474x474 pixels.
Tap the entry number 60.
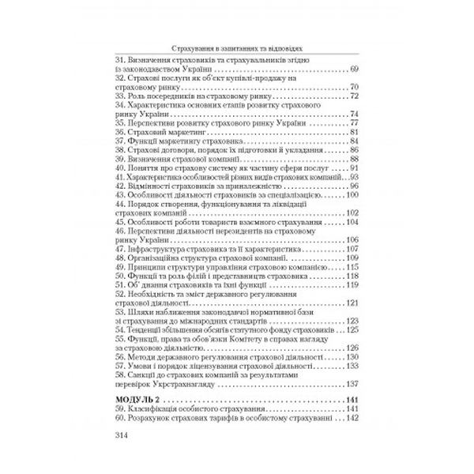click(x=120, y=419)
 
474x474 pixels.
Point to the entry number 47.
click(x=120, y=249)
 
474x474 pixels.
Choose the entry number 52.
click(x=120, y=291)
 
